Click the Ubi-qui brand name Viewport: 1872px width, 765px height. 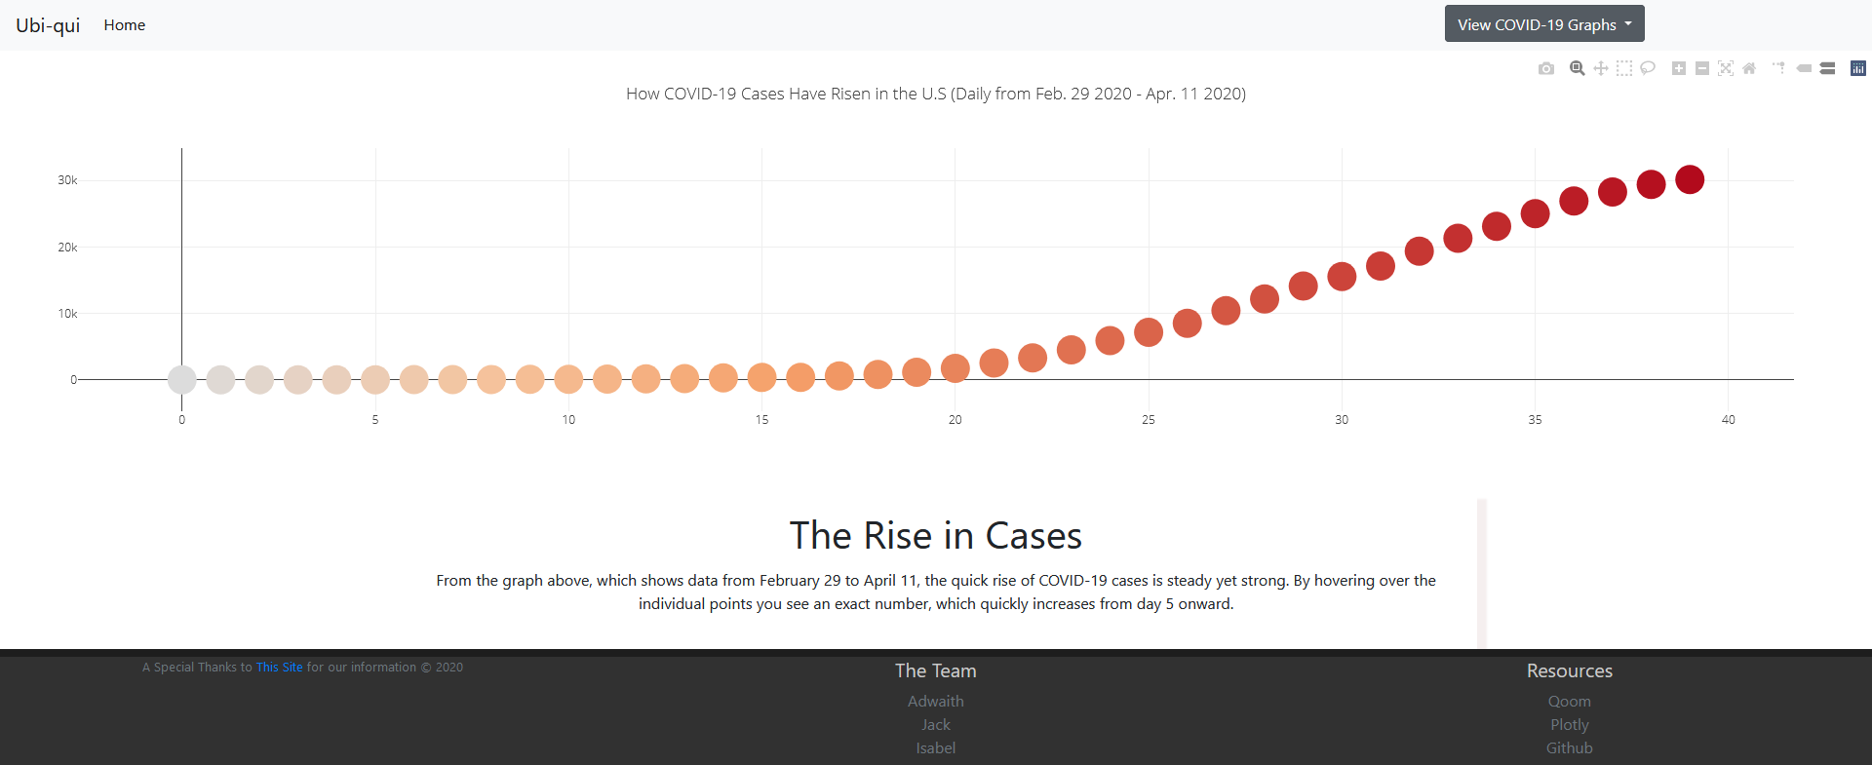point(48,25)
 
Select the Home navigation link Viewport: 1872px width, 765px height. point(125,25)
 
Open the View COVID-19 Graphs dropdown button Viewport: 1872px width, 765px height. point(1543,24)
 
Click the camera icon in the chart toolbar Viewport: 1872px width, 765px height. point(1546,68)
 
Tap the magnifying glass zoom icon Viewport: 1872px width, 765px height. point(1577,68)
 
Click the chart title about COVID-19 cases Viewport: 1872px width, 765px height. point(935,94)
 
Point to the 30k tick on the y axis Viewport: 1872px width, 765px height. point(67,180)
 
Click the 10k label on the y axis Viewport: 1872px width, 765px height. point(67,314)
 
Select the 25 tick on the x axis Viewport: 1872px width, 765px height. point(1149,420)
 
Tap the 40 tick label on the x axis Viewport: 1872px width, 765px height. point(1728,420)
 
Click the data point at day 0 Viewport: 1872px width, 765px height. point(182,379)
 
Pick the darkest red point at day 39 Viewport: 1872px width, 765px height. point(1690,179)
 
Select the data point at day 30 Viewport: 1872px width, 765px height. point(1342,277)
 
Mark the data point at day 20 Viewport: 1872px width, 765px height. point(955,368)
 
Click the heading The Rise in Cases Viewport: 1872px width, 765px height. point(935,536)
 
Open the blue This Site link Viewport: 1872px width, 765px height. point(279,668)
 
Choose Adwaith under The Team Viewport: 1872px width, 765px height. point(935,702)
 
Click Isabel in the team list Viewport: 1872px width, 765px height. point(935,748)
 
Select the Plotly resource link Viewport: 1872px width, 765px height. point(1569,725)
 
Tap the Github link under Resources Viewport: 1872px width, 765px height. point(1569,748)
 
